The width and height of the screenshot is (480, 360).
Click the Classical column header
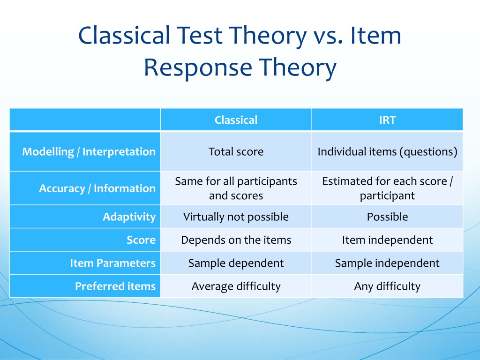pyautogui.click(x=236, y=120)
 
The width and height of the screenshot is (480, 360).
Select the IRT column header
pyautogui.click(x=387, y=120)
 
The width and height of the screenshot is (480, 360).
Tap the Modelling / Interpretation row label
pyautogui.click(x=89, y=151)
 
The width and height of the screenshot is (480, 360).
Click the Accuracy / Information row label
pyautogui.click(x=97, y=188)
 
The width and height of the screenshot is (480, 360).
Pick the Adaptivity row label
pyautogui.click(x=129, y=217)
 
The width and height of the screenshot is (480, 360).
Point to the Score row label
pyautogui.click(x=141, y=240)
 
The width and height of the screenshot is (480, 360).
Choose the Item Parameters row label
pyautogui.click(x=112, y=263)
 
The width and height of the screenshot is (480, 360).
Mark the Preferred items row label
pyautogui.click(x=115, y=286)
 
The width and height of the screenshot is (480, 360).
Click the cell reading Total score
pyautogui.click(x=236, y=151)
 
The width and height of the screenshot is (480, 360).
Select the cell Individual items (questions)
pyautogui.click(x=387, y=151)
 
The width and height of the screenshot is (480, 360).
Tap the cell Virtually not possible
pyautogui.click(x=236, y=217)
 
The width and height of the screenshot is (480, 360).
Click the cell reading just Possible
pyautogui.click(x=387, y=217)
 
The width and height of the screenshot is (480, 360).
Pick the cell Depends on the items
pyautogui.click(x=236, y=240)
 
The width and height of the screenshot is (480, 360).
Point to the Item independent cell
pyautogui.click(x=387, y=240)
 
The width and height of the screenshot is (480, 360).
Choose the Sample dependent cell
pyautogui.click(x=236, y=263)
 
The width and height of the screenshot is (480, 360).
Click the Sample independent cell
pyautogui.click(x=387, y=263)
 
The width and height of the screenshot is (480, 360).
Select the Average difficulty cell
pyautogui.click(x=236, y=286)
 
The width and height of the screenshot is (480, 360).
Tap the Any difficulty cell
pyautogui.click(x=387, y=286)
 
